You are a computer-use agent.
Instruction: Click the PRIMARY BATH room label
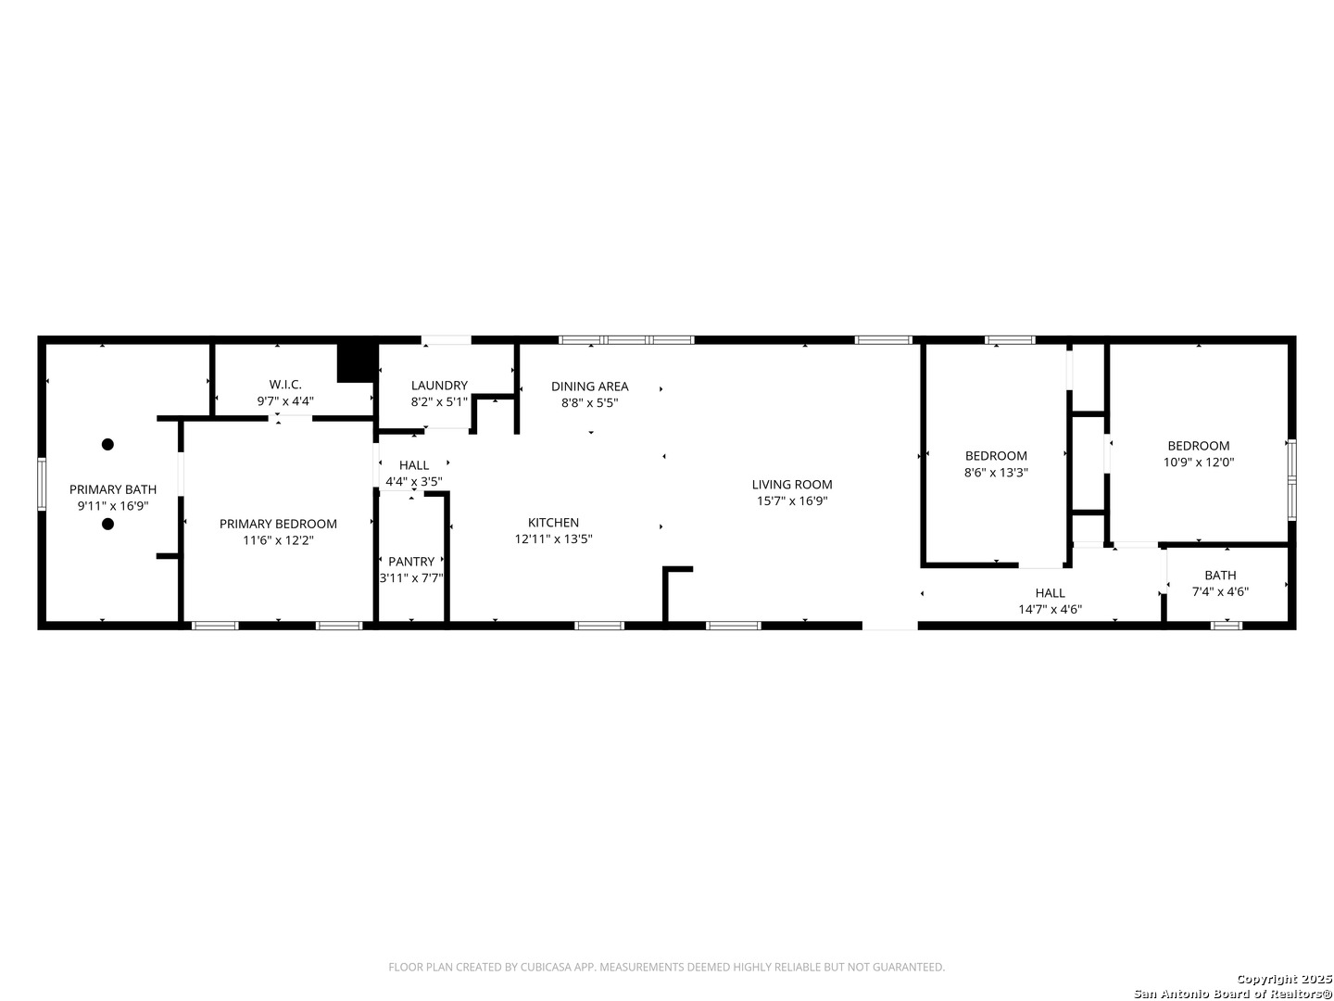pyautogui.click(x=113, y=489)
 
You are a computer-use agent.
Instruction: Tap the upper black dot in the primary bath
pyautogui.click(x=107, y=444)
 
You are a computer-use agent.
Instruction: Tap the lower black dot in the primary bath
pyautogui.click(x=107, y=524)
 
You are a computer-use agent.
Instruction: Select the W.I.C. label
pyautogui.click(x=285, y=385)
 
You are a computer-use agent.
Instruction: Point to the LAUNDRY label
pyautogui.click(x=439, y=386)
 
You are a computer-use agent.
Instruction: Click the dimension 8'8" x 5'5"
pyautogui.click(x=589, y=403)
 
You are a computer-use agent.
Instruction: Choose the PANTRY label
pyautogui.click(x=411, y=562)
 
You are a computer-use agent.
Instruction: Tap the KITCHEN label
pyautogui.click(x=553, y=523)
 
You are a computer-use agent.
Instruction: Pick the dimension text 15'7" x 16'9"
pyautogui.click(x=792, y=501)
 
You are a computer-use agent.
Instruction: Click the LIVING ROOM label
pyautogui.click(x=792, y=485)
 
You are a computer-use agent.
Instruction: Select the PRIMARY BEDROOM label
pyautogui.click(x=278, y=524)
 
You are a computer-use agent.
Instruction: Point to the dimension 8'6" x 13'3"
pyautogui.click(x=996, y=473)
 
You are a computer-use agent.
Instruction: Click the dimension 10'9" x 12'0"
pyautogui.click(x=1199, y=462)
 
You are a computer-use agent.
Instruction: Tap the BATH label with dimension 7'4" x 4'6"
pyautogui.click(x=1220, y=575)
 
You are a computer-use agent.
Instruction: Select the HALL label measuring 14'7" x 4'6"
pyautogui.click(x=1051, y=592)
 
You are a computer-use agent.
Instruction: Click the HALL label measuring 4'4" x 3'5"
pyautogui.click(x=414, y=465)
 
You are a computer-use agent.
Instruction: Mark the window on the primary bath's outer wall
pyautogui.click(x=42, y=484)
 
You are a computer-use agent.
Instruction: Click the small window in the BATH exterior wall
pyautogui.click(x=1227, y=626)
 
